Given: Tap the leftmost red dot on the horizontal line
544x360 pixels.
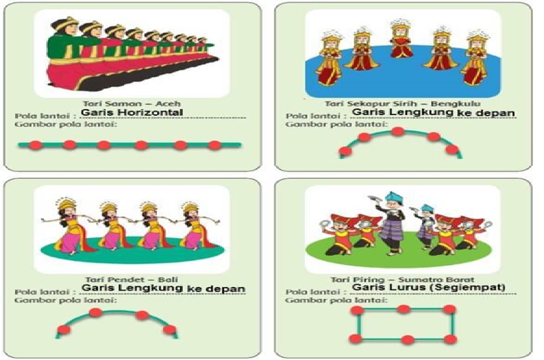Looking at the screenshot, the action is [x=35, y=145].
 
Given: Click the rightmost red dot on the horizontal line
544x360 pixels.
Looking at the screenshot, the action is [x=214, y=145].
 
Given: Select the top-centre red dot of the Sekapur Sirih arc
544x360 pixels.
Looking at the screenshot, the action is [x=398, y=132].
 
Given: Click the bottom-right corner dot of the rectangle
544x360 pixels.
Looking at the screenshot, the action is [x=450, y=339].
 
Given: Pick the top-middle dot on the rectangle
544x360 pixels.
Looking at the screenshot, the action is [x=403, y=310].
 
